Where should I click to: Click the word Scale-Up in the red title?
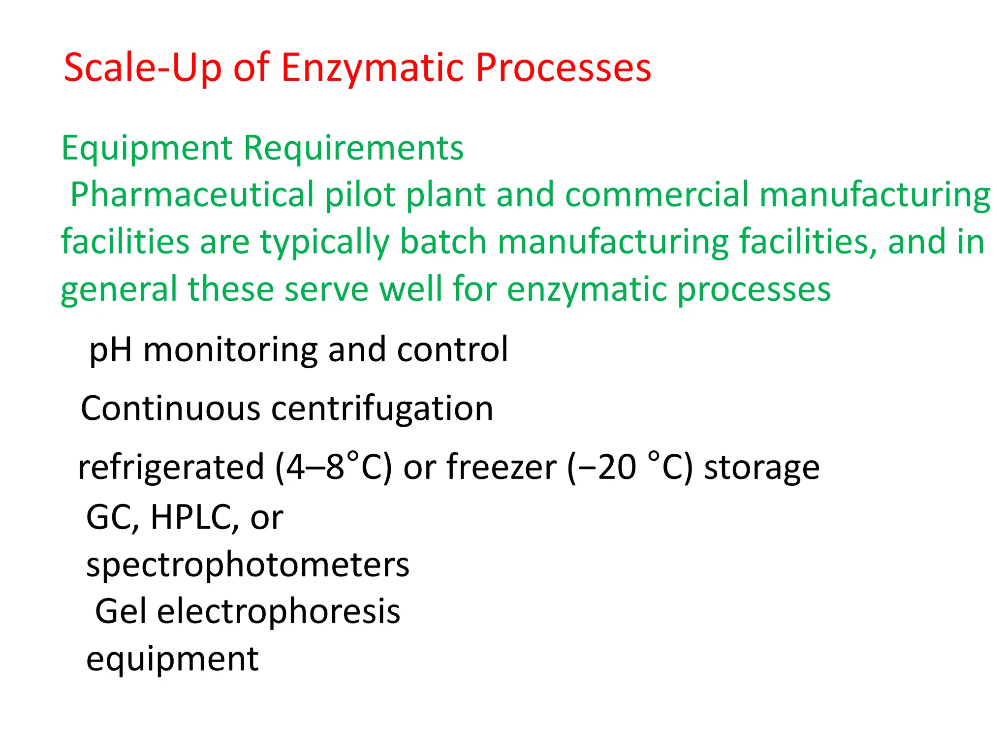click(143, 68)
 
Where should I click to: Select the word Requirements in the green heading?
click(353, 148)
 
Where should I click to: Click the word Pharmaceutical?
click(192, 194)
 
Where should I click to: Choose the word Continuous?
click(170, 409)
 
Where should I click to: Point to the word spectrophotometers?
click(248, 565)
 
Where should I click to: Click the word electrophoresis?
click(279, 612)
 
